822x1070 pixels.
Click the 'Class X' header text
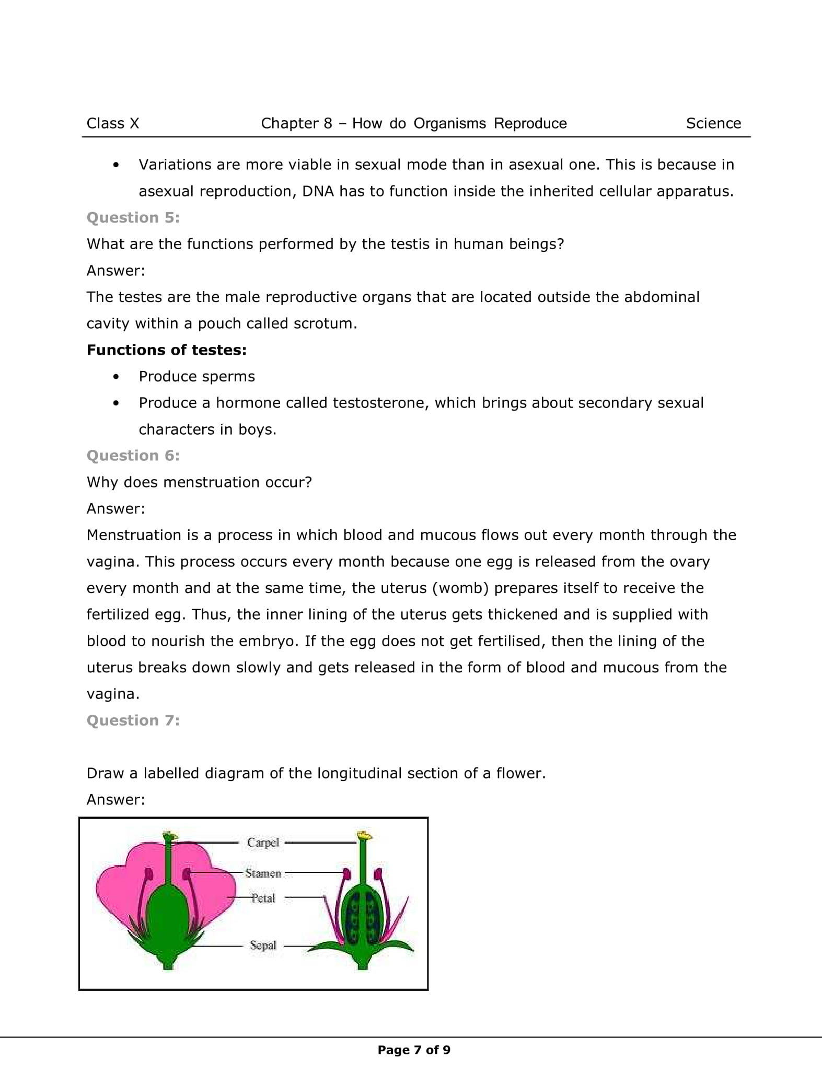coord(113,123)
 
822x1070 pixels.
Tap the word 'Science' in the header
coord(713,123)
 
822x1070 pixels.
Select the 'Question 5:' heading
coord(133,217)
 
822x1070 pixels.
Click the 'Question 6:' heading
coord(133,456)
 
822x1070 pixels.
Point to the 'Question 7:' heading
coord(133,720)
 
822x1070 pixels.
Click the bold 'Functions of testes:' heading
coord(166,350)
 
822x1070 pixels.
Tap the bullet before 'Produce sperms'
coord(116,377)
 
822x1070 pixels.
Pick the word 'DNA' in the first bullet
coord(318,191)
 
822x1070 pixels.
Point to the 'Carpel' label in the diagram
coord(263,842)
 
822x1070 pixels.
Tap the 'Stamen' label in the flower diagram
coord(263,873)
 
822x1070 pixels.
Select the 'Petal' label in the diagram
coord(263,898)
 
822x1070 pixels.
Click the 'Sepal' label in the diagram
coord(263,945)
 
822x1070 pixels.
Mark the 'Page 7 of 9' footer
coord(414,1050)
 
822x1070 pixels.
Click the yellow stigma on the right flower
coord(364,836)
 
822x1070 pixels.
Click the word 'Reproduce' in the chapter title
coord(530,123)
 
